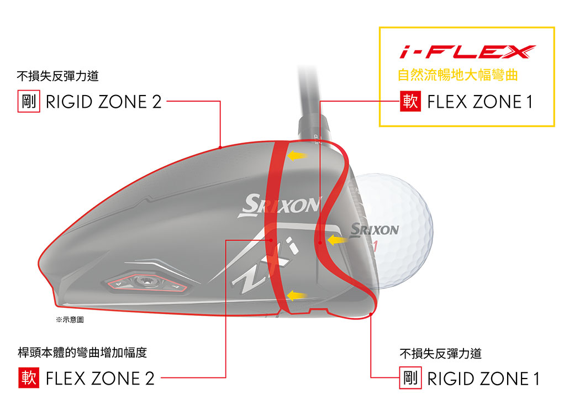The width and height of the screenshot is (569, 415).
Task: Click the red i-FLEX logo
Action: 467,51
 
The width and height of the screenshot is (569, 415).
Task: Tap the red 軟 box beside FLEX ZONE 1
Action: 410,101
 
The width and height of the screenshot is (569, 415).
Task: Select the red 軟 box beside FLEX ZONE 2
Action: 29,378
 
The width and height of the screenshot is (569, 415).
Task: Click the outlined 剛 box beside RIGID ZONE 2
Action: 29,101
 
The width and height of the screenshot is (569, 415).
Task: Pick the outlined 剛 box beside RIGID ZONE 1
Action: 410,378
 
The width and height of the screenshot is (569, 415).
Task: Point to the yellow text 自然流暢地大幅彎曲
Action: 457,75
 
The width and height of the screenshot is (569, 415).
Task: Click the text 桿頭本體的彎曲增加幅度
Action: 82,352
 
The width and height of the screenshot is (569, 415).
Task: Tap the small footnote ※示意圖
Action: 70,319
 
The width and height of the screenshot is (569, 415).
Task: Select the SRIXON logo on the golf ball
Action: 375,229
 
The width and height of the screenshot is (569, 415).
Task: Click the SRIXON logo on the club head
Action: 280,206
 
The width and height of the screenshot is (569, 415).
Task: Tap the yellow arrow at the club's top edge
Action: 297,156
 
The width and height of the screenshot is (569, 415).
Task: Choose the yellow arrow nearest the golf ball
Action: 337,240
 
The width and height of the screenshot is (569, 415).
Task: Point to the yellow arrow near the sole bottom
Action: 297,296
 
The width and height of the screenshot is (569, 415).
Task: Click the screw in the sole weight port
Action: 145,280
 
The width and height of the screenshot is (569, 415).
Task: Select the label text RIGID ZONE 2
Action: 103,102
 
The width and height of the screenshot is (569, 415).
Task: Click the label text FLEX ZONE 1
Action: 480,102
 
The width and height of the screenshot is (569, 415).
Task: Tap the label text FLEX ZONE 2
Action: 100,379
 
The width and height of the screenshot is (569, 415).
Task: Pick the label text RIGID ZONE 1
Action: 483,379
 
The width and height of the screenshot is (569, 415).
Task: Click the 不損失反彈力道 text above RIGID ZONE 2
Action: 57,76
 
